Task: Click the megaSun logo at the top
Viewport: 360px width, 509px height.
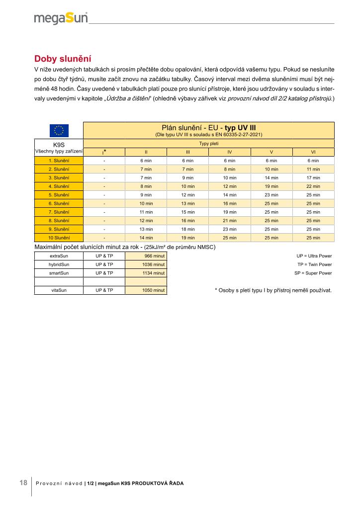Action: [x=61, y=18]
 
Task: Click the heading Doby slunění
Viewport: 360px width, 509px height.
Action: [x=63, y=59]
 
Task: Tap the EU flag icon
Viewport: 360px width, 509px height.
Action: [x=59, y=131]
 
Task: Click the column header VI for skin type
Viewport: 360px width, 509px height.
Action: [x=313, y=152]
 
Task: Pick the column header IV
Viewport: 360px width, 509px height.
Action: [x=229, y=152]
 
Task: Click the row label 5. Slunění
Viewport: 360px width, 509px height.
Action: [x=59, y=195]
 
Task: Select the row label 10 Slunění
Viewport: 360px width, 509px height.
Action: [x=59, y=238]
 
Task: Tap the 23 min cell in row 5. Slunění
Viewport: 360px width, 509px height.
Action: [x=271, y=195]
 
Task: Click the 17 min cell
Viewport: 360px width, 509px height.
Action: [x=313, y=177]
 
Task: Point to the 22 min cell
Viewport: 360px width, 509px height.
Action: [x=313, y=186]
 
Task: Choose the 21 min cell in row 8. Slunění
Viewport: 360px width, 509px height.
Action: [x=229, y=220]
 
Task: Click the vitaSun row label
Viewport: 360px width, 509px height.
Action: [x=59, y=290]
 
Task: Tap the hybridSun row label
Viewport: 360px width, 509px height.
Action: [x=59, y=264]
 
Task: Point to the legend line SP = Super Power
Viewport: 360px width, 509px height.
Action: [x=313, y=273]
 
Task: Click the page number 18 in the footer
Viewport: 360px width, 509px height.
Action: [x=23, y=483]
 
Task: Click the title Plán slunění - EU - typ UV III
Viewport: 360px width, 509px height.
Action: [x=208, y=128]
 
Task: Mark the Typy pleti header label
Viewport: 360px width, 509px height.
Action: [x=208, y=143]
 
